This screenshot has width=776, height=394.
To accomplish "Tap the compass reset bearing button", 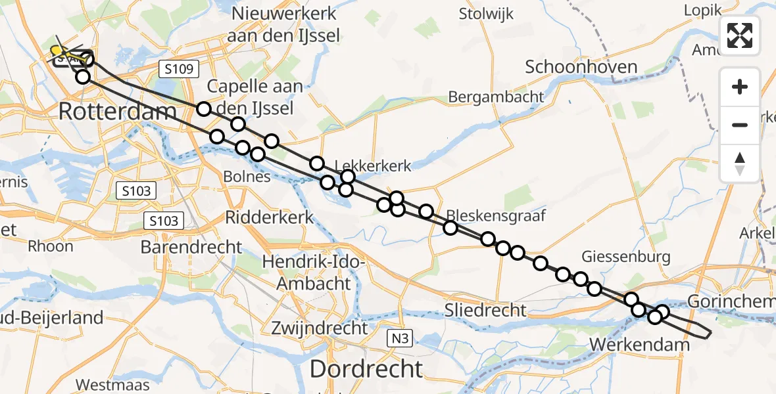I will pos(740,164).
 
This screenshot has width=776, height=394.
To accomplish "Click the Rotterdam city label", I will pos(118,111).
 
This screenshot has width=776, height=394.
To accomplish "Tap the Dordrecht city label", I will pos(366,368).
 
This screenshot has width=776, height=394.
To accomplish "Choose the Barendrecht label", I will pos(191,247).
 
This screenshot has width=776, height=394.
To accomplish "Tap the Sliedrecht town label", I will pos(486,310).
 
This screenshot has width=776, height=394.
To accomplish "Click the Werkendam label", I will pos(641,344).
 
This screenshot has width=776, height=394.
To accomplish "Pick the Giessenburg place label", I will pos(625,257).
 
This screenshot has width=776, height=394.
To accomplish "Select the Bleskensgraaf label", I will pos(497,215).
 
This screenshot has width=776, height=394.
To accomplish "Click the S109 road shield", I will pos(179,68).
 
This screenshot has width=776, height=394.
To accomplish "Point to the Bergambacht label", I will pos(496,97).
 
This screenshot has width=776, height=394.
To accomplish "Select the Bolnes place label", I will pos(247,177).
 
